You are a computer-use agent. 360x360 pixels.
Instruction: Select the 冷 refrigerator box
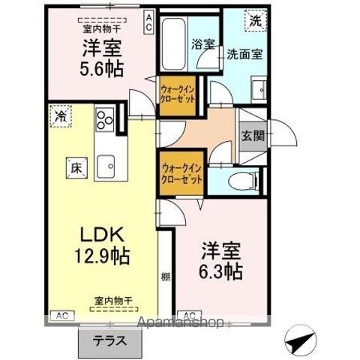(59, 115)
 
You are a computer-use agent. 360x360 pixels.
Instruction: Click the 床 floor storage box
(76, 167)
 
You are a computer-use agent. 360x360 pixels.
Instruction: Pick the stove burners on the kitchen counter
(104, 119)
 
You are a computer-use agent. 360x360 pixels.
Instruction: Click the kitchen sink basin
(106, 163)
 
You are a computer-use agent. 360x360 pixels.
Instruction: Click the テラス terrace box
(110, 340)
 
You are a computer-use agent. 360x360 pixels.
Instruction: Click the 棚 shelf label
(165, 277)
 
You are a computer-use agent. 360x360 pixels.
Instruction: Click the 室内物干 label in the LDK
(112, 300)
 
